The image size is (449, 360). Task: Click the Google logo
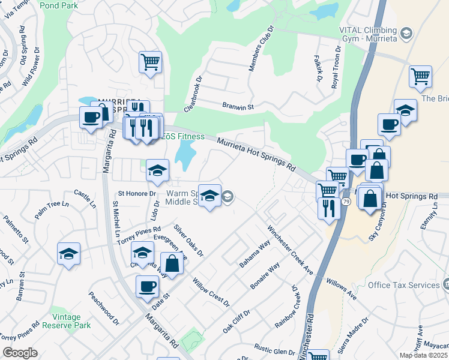coord(19,353)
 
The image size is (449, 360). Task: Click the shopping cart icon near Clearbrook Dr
coord(150,62)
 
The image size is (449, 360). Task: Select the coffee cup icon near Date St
coord(146,286)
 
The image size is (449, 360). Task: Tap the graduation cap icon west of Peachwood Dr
coord(68,253)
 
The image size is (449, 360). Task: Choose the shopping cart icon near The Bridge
coord(420,76)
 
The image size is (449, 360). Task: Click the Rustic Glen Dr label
coord(274,350)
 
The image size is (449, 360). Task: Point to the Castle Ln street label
coord(85,197)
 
